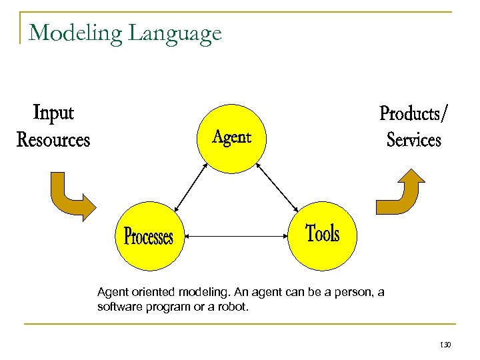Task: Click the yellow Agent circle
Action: [x=231, y=137]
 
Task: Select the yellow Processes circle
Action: [x=149, y=236]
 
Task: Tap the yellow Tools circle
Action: [x=322, y=235]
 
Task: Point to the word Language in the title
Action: [x=175, y=33]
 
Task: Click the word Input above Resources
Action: [x=53, y=113]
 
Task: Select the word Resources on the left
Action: [x=53, y=140]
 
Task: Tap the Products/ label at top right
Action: [x=414, y=113]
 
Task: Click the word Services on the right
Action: [x=414, y=140]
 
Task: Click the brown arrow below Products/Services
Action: [x=401, y=193]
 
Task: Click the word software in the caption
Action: [x=119, y=307]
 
